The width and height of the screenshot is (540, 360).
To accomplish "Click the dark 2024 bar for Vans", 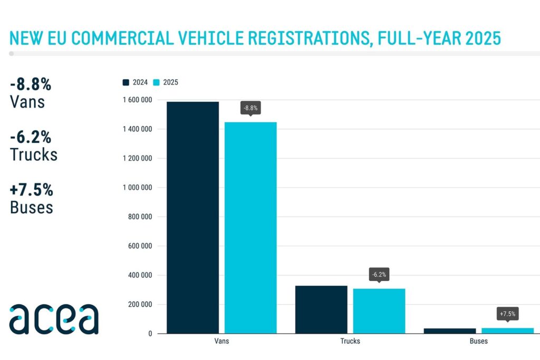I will [192, 217].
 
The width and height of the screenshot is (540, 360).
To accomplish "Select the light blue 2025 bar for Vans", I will [250, 228].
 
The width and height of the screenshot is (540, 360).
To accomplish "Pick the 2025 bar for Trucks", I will [379, 311].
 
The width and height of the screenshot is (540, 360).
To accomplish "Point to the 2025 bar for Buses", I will [507, 330].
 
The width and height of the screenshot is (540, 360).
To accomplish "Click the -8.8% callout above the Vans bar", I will [250, 109].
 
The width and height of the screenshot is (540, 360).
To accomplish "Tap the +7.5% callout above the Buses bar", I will [507, 314].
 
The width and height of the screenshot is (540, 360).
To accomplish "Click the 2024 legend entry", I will [136, 82].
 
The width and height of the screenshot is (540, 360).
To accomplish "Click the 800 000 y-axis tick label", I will [139, 217].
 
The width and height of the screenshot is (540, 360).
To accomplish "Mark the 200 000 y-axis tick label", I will [139, 304].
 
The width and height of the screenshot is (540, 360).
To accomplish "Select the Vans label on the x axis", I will [221, 341].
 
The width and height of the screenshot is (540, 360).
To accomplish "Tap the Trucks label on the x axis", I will [350, 341].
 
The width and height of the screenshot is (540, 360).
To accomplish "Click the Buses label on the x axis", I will [479, 341].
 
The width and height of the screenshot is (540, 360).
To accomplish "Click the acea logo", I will [54, 319].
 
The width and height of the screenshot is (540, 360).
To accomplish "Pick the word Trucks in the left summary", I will [34, 154].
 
